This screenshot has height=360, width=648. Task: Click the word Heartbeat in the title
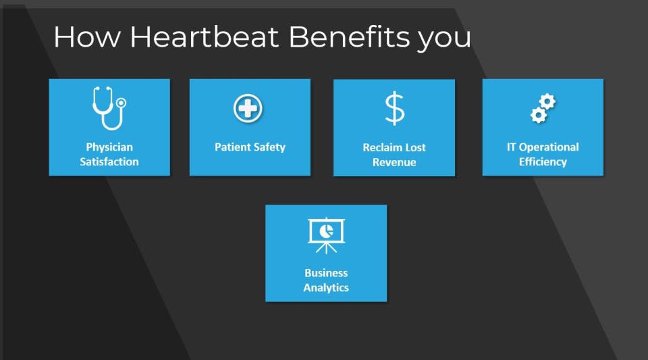205,36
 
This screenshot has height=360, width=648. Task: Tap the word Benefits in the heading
350,36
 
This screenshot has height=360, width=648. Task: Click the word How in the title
87,36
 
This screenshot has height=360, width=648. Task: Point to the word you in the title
444,40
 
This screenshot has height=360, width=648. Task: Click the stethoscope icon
109,108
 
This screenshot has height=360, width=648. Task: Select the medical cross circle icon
248,108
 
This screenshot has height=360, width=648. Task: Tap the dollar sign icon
395,108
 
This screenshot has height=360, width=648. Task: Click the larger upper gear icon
547,101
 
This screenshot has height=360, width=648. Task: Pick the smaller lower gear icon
539,115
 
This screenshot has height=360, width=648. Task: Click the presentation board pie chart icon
326,235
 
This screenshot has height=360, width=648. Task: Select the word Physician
109,147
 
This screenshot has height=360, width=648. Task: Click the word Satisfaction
109,161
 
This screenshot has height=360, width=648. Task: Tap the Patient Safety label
250,147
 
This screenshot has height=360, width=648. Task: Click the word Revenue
394,162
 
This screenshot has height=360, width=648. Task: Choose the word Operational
549,147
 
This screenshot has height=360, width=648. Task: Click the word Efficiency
543,161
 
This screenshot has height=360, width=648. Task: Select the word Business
326,273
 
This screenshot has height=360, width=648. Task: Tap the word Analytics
326,288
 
